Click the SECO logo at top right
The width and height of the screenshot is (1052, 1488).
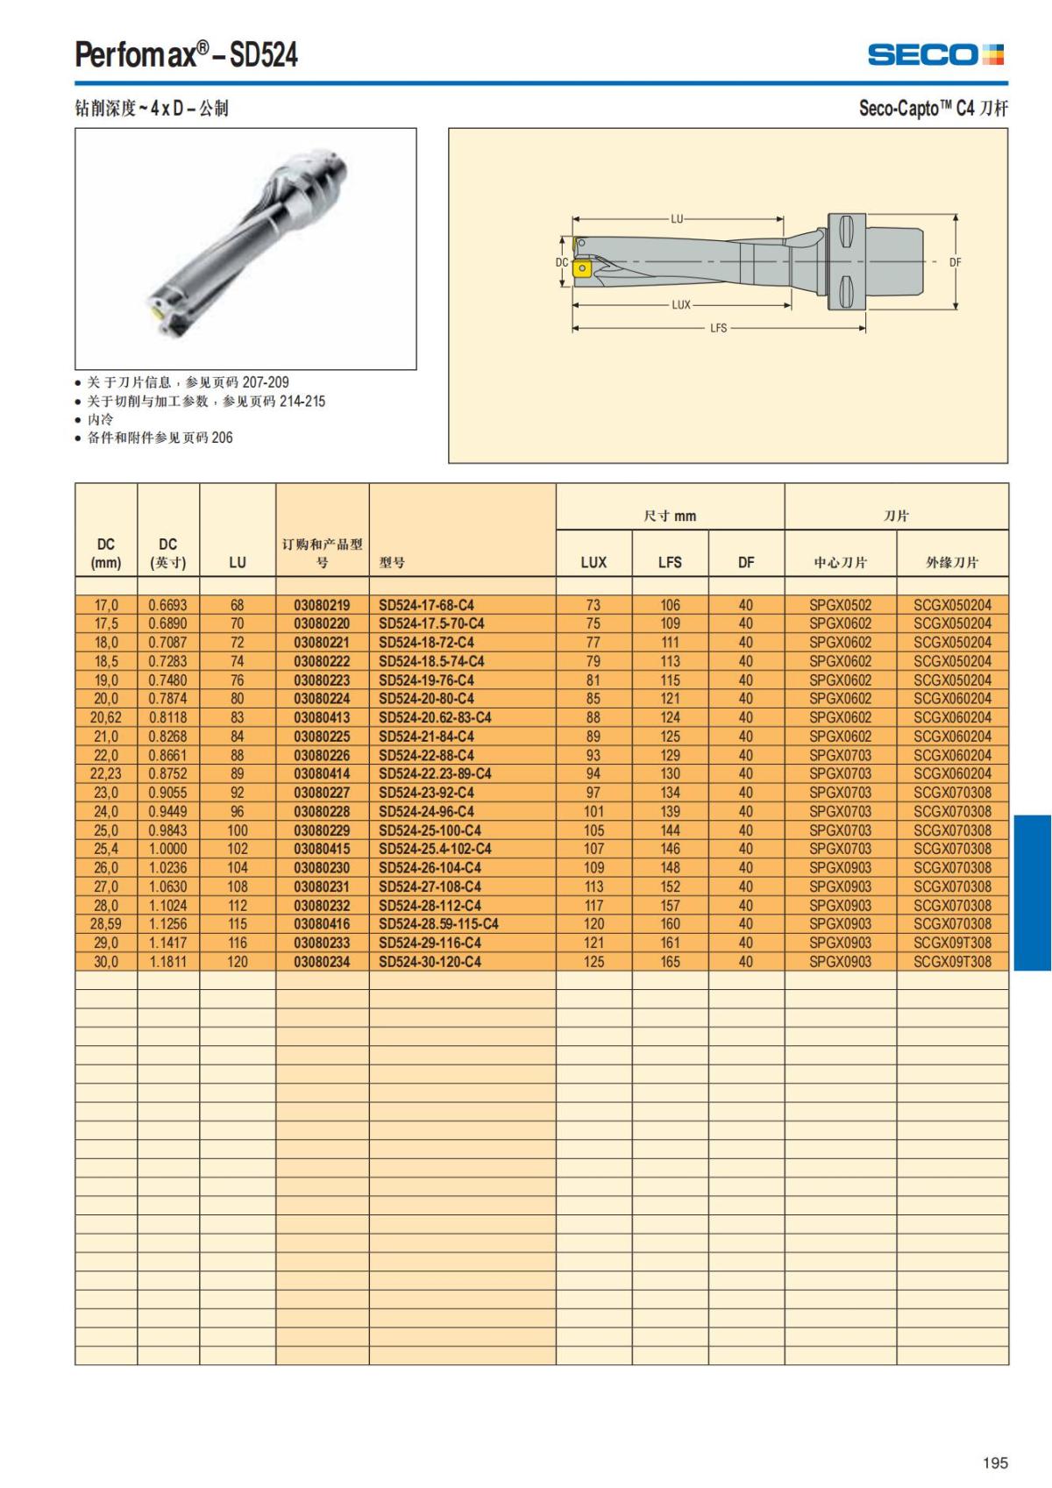(935, 54)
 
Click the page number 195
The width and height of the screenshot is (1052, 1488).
(995, 1463)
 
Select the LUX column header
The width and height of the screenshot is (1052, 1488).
(594, 563)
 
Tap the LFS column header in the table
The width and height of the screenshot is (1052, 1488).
(670, 563)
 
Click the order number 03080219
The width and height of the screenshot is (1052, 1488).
(322, 605)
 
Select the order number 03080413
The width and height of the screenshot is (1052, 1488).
(322, 717)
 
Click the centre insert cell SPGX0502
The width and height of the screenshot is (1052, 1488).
(840, 605)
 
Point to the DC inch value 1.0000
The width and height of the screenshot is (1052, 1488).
(167, 849)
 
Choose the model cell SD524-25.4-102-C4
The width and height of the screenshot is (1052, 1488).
(435, 849)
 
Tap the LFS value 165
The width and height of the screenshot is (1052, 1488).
(670, 962)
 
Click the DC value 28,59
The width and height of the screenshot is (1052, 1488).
(106, 924)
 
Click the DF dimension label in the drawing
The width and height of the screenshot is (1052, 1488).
(956, 262)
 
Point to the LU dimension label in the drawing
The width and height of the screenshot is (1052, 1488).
(677, 219)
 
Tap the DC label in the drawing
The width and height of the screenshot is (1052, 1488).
(562, 262)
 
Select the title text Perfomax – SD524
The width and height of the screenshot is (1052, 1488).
(186, 55)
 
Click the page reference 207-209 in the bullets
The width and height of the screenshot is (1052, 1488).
(265, 382)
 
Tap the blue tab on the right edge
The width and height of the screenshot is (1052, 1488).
(1032, 893)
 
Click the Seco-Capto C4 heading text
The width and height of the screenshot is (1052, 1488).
(933, 109)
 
